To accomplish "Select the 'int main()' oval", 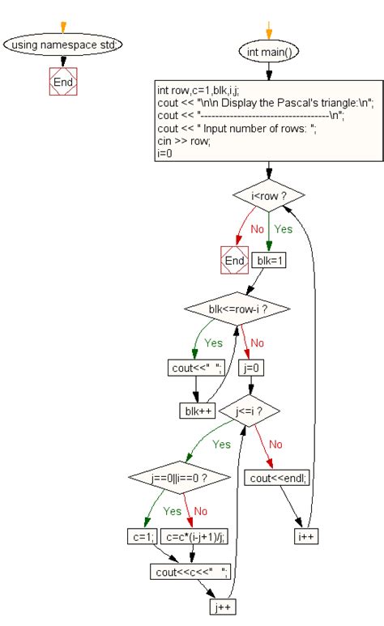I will coord(269,52).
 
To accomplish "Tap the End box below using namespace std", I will coord(62,82).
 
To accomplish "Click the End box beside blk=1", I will coord(233,261).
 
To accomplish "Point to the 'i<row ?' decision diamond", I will coord(268,195).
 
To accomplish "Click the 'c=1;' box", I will coord(139,535).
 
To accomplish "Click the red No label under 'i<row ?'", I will coord(257,229).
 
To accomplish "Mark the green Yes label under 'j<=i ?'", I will coord(221,444).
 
